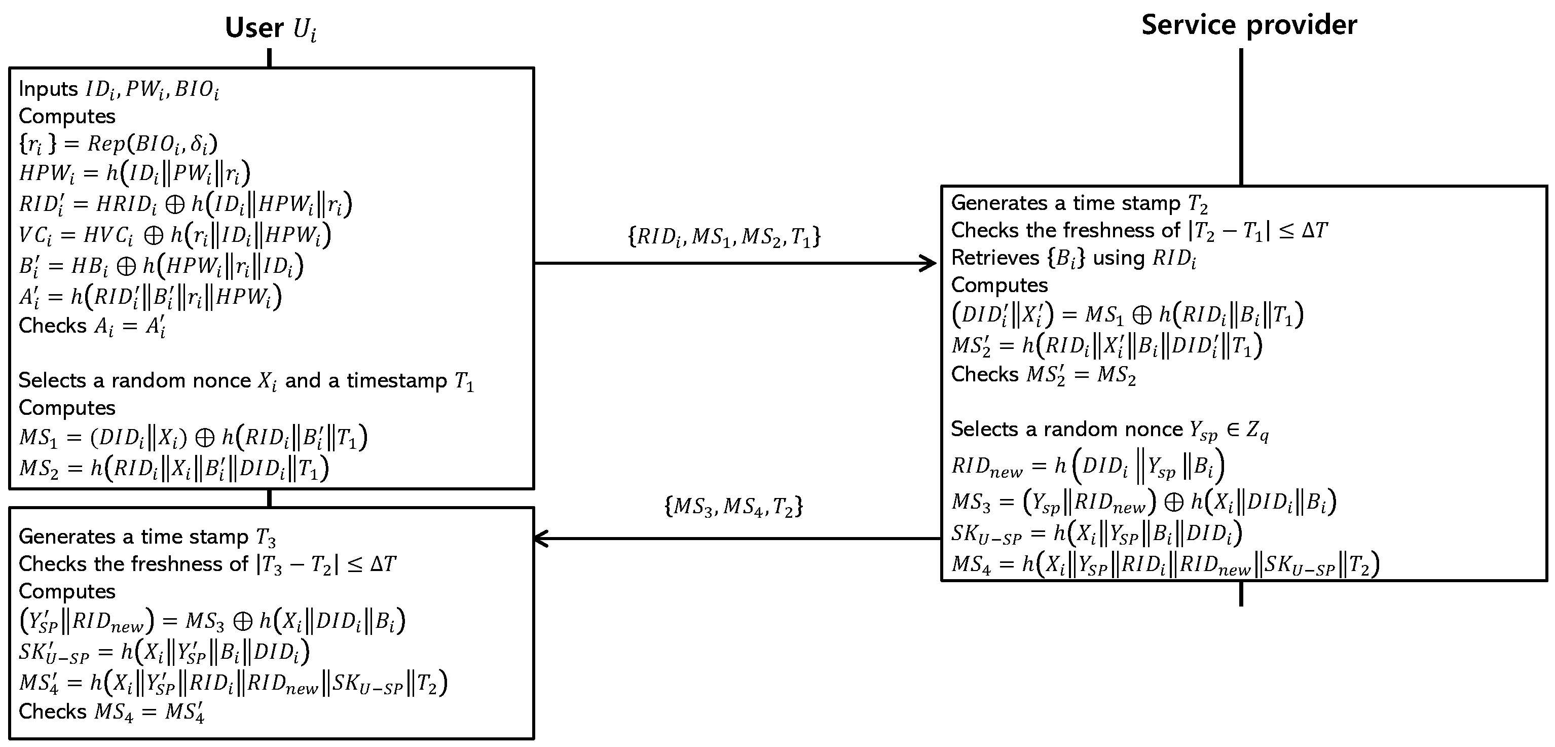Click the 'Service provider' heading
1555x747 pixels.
coord(1249,25)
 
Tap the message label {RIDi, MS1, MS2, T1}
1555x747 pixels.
coord(724,236)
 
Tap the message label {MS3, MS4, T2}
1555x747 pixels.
coord(733,506)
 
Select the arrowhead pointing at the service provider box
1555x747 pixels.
coord(929,263)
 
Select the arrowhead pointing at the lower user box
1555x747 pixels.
coord(541,538)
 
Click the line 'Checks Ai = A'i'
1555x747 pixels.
coord(92,326)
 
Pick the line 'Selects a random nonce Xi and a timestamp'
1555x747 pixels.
coord(246,381)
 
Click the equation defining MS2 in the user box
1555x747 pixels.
coord(173,469)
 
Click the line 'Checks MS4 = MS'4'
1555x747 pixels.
coord(111,712)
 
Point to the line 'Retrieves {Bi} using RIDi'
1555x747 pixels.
coord(1072,259)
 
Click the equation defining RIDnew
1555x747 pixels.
coord(1087,466)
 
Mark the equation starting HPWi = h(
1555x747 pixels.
coord(134,173)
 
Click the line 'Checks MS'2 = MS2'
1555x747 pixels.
coord(1043,375)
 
